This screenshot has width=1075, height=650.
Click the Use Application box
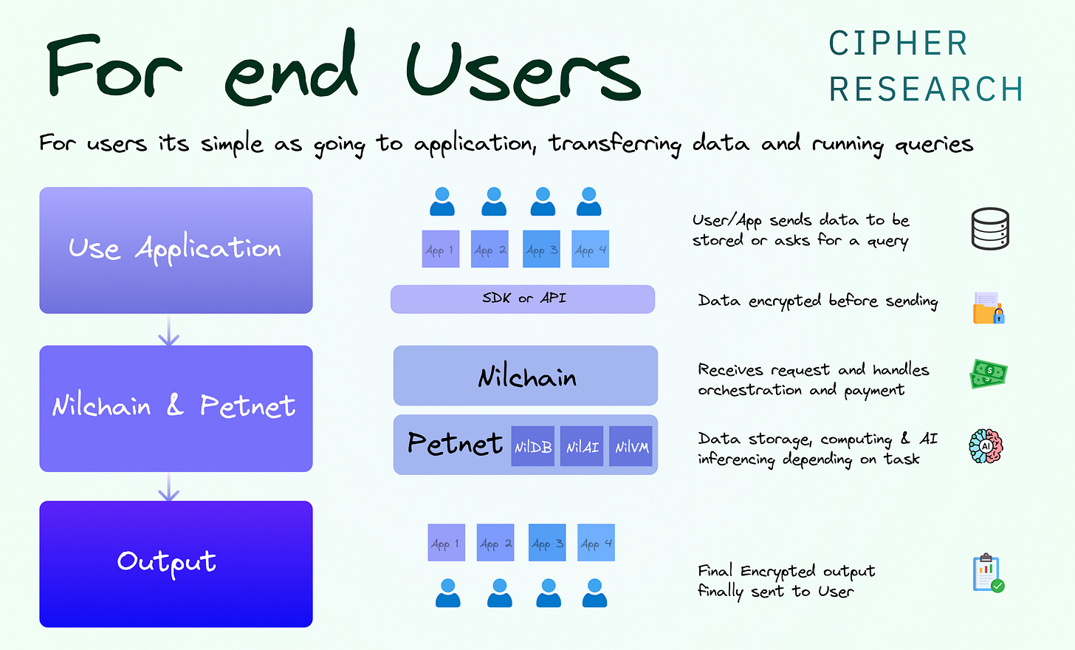(x=176, y=250)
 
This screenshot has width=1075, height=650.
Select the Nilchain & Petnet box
(x=176, y=408)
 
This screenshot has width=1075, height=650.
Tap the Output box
(x=176, y=564)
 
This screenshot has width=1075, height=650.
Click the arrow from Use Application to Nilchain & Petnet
(x=169, y=330)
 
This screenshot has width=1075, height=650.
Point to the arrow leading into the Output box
(x=169, y=487)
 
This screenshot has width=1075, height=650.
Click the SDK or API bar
(x=523, y=299)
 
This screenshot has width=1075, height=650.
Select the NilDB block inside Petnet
(x=533, y=446)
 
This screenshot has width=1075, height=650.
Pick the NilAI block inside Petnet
(x=582, y=446)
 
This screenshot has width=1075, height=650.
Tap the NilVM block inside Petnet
(x=631, y=446)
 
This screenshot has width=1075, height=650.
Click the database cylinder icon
(x=989, y=228)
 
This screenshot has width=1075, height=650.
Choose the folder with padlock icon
(x=989, y=308)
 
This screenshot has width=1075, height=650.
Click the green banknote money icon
(x=988, y=374)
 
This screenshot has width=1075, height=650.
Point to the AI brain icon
(x=986, y=446)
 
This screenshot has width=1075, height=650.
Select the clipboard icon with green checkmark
(x=988, y=573)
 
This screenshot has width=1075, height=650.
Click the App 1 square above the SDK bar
(x=441, y=249)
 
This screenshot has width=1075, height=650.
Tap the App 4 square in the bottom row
(x=596, y=543)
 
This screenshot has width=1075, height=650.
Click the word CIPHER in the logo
(x=898, y=44)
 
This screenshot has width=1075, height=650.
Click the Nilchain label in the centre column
(x=526, y=377)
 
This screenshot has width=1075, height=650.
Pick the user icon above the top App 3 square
(x=543, y=202)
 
